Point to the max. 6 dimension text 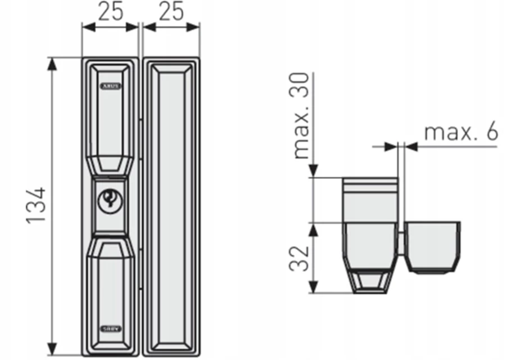coord(461,132)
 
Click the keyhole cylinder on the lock coord(109,200)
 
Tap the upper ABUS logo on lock coord(110,87)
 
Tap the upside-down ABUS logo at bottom coord(110,326)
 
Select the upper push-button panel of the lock coord(110,118)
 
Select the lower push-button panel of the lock coord(110,287)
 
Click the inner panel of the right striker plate coord(171,206)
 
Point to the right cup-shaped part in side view coord(433,246)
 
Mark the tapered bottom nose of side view coord(369,282)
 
